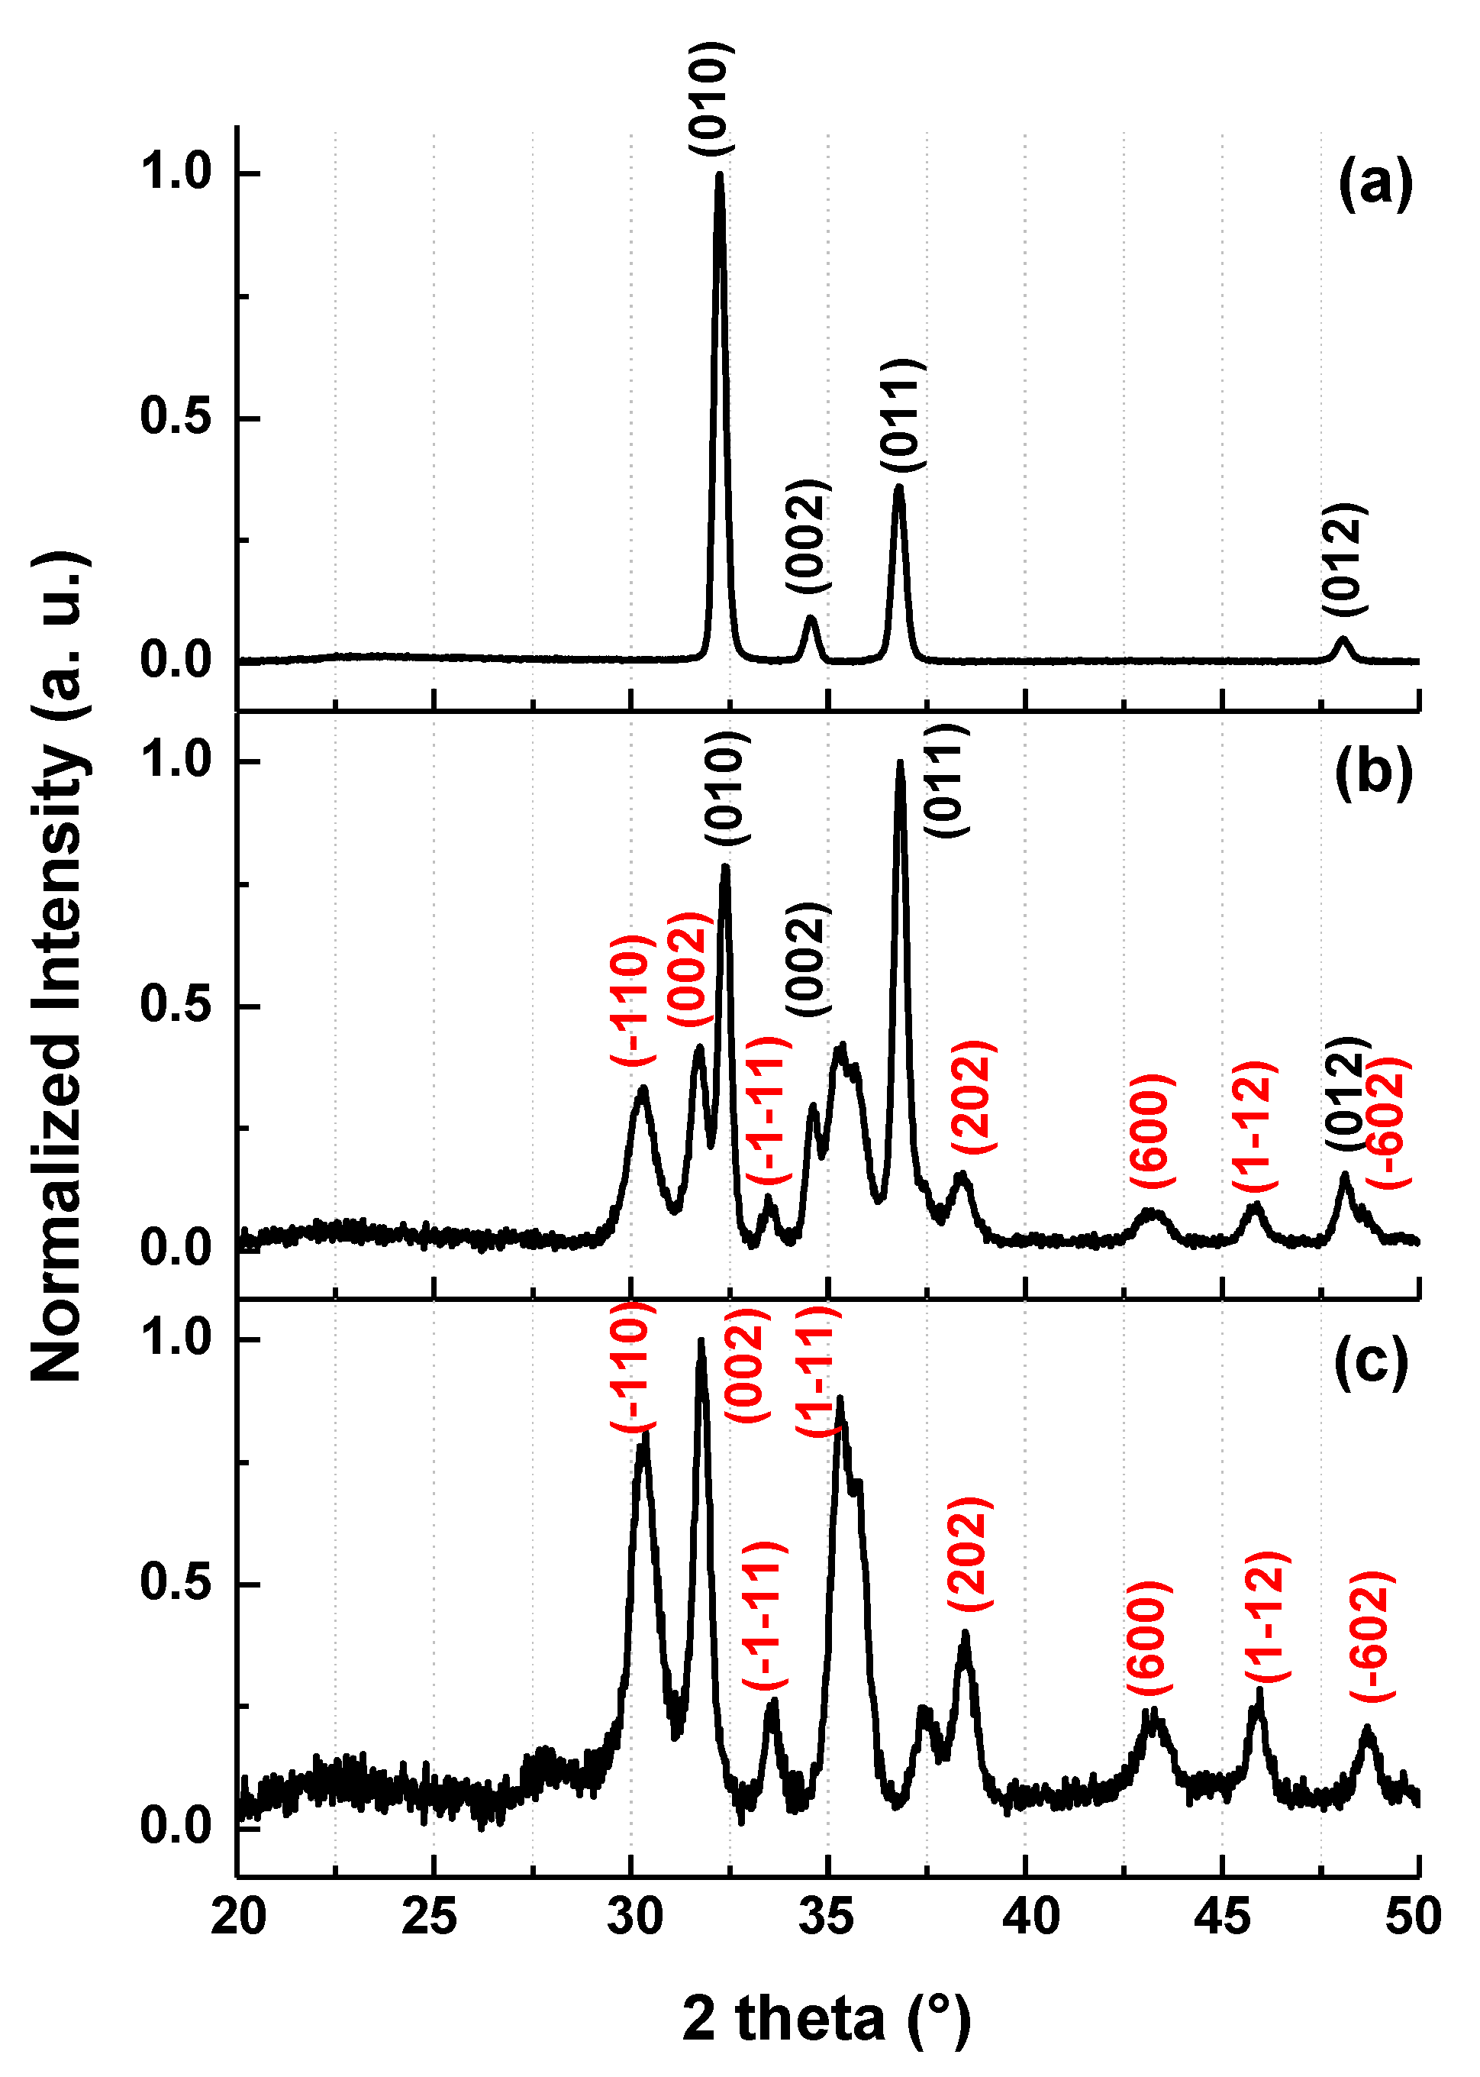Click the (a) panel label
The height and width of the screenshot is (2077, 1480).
click(x=1374, y=184)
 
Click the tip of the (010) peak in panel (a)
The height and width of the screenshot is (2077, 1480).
click(x=720, y=175)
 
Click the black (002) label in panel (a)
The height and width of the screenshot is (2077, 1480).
click(x=808, y=535)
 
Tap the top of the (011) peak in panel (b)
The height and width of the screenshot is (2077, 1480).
click(x=901, y=763)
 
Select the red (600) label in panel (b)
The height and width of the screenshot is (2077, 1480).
click(x=1152, y=1131)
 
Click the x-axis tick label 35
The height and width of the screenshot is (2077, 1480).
click(x=826, y=1917)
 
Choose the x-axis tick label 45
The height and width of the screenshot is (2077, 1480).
click(x=1220, y=1917)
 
